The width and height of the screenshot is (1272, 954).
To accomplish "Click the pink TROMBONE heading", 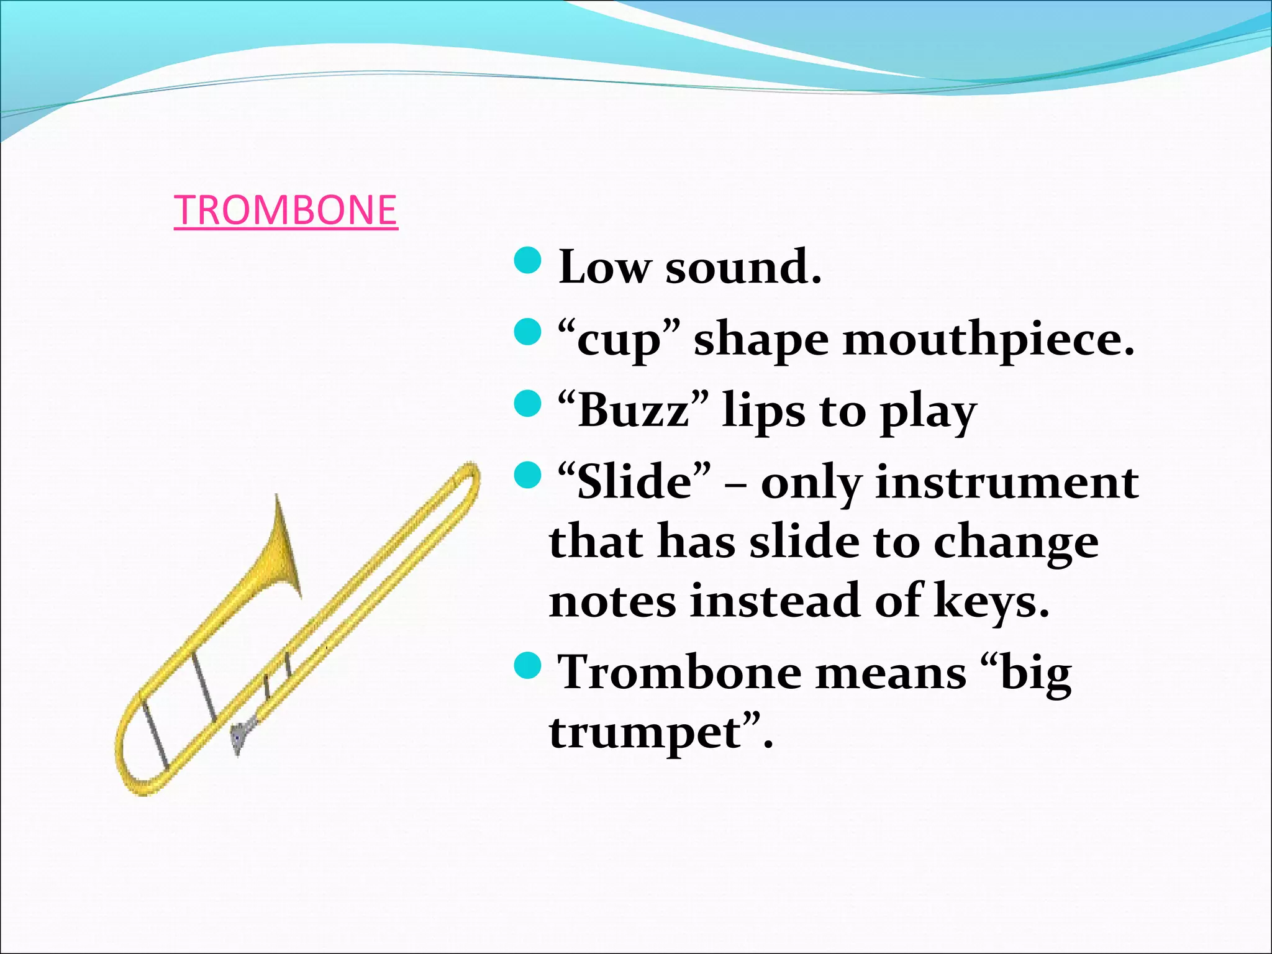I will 286,210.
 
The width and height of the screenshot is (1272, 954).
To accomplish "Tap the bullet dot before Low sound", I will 529,260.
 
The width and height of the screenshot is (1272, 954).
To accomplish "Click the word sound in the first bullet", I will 742,267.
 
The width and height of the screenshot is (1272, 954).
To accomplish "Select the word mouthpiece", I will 988,340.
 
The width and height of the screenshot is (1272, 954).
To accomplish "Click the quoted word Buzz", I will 632,411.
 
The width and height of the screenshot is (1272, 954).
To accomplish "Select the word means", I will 891,673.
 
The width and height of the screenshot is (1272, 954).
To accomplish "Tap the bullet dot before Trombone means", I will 529,666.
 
